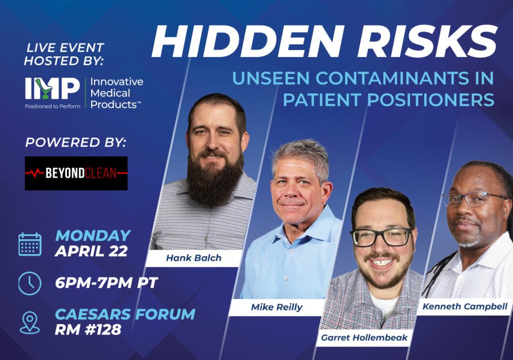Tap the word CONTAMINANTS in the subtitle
point(392,78)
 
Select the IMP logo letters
point(52,88)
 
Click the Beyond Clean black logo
point(76,173)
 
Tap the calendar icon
point(30,244)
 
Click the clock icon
point(30,284)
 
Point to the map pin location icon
point(30,323)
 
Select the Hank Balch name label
point(194,258)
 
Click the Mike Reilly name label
point(277,307)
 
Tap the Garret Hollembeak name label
point(364,338)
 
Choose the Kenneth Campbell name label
point(464,307)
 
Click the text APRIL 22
point(91,251)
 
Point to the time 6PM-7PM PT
point(106,283)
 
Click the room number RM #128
point(88,329)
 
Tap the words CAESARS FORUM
point(125,314)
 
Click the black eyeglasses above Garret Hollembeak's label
point(381,237)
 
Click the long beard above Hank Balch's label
point(215,178)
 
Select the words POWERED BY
point(76,142)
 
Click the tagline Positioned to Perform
point(53,106)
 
